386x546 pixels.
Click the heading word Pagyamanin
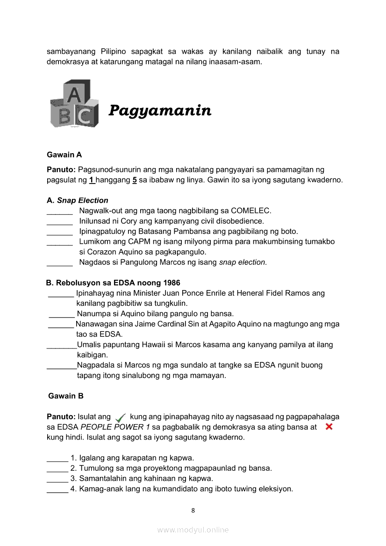click(x=160, y=111)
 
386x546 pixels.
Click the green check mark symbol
click(x=120, y=418)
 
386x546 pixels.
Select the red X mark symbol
click(x=329, y=426)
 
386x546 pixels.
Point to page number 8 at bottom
click(x=193, y=511)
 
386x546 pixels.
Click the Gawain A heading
click(x=64, y=155)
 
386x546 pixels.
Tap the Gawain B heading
click(x=66, y=396)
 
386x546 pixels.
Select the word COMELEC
click(x=251, y=211)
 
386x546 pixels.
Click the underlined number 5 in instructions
click(x=134, y=180)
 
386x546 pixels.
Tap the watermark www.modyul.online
click(x=193, y=530)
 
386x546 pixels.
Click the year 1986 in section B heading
click(x=172, y=283)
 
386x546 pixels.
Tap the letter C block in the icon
click(x=84, y=115)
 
